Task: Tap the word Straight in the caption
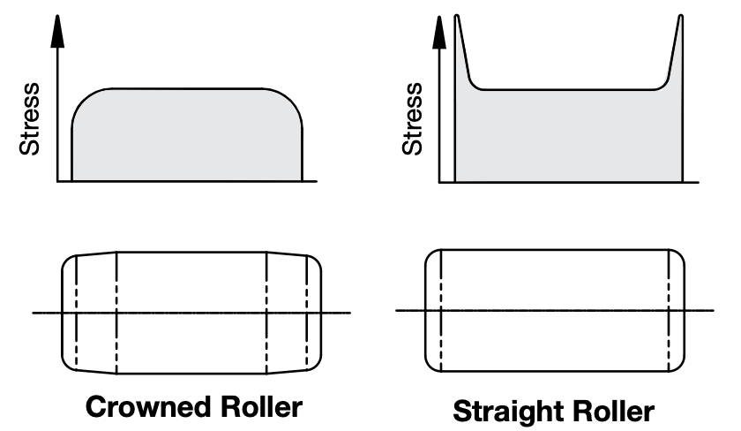tap(513, 412)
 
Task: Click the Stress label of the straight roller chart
tap(413, 119)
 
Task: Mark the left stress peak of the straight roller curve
tap(457, 19)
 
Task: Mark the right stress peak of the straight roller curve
tap(680, 19)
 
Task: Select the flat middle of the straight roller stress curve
tap(569, 89)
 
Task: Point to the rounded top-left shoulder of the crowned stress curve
tap(84, 99)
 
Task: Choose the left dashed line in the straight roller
tap(439, 309)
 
